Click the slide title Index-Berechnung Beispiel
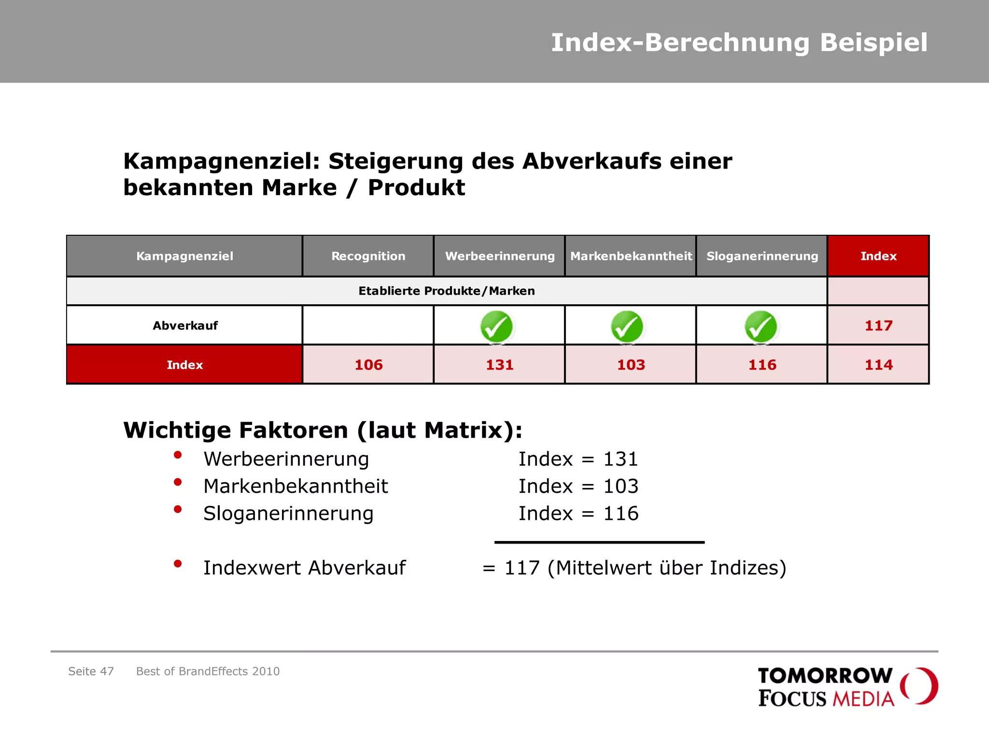[x=739, y=43]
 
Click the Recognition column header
[x=368, y=256]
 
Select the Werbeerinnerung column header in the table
[x=499, y=256]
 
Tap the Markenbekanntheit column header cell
[x=631, y=256]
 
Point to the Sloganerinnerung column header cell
[x=762, y=256]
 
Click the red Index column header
[x=878, y=256]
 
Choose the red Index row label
[x=184, y=365]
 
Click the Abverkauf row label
[x=185, y=326]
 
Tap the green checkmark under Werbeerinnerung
[x=496, y=327]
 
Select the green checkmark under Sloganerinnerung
[x=761, y=327]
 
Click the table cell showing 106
[x=368, y=365]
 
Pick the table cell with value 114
[x=878, y=365]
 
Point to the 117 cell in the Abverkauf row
[x=878, y=326]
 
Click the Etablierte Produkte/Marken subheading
[x=446, y=291]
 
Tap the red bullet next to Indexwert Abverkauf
[x=178, y=563]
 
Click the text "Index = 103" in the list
[x=578, y=486]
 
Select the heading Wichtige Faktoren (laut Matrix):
[x=323, y=430]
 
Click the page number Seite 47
[x=91, y=671]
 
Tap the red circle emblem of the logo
[x=919, y=685]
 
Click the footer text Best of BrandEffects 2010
[x=208, y=671]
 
